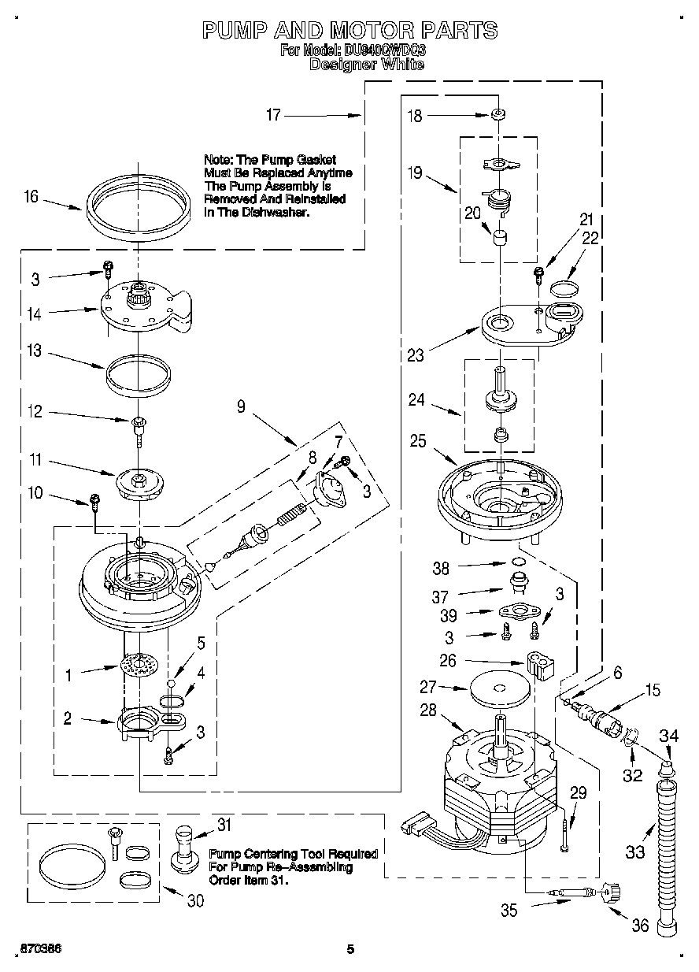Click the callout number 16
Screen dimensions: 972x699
pyautogui.click(x=31, y=197)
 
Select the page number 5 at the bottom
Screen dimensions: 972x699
pyautogui.click(x=351, y=949)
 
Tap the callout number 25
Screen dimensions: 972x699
pyautogui.click(x=417, y=441)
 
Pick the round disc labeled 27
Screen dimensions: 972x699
pyautogui.click(x=500, y=688)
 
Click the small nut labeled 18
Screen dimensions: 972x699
pyautogui.click(x=497, y=116)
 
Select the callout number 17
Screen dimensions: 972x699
pyautogui.click(x=273, y=115)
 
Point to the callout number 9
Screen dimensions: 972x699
pyautogui.click(x=242, y=406)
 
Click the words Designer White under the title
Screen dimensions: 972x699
pyautogui.click(x=366, y=65)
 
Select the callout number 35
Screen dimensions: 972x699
pyautogui.click(x=509, y=911)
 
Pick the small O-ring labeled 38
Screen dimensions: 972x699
pyautogui.click(x=517, y=562)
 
